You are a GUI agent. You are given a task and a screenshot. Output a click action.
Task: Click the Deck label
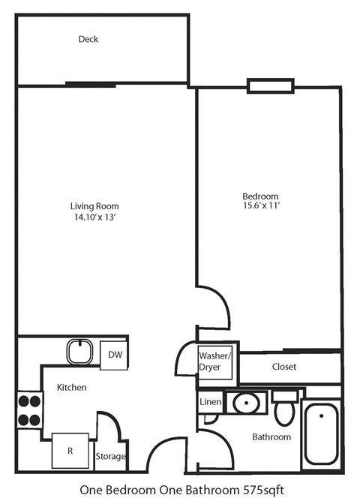coord(88,39)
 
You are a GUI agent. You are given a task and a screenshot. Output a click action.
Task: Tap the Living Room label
coord(94,206)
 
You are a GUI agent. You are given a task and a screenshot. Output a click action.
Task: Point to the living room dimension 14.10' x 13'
coord(94,217)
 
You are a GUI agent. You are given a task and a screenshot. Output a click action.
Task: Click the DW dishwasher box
coord(115,355)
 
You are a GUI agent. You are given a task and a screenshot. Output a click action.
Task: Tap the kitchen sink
coord(79,352)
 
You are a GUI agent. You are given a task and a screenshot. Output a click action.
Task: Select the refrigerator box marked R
coord(70,451)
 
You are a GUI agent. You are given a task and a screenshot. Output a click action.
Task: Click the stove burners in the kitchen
coord(29,410)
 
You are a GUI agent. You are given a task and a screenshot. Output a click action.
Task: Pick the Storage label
coord(110,456)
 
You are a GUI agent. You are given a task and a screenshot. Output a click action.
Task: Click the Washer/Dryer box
coord(214,361)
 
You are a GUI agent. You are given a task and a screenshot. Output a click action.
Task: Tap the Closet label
coord(284,367)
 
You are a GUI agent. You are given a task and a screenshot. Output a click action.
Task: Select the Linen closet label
coord(209,402)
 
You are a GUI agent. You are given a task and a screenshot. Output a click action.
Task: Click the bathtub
coord(322,433)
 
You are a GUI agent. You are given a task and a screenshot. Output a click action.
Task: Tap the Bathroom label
coord(271,436)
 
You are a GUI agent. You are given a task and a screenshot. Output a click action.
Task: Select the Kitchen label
coord(72,388)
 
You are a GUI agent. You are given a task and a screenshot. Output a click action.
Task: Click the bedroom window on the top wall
coord(265,86)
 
